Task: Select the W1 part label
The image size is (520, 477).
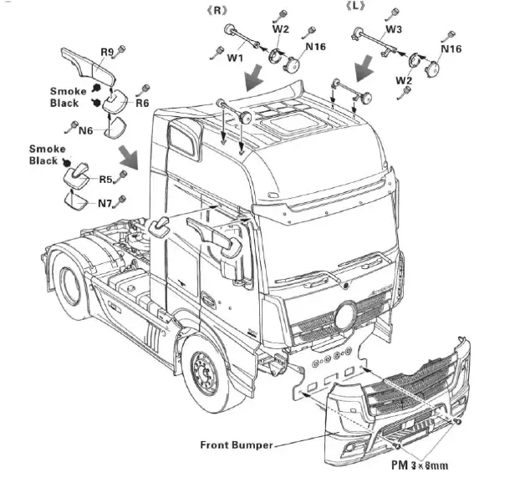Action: (x=235, y=58)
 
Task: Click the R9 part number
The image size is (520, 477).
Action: (x=107, y=53)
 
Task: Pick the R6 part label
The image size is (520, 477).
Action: (x=142, y=103)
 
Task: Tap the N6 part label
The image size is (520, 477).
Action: (x=85, y=130)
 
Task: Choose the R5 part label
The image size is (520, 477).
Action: (x=105, y=179)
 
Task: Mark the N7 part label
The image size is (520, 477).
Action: (x=105, y=203)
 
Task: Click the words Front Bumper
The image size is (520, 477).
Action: (x=236, y=445)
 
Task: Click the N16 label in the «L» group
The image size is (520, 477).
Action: (x=451, y=49)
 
